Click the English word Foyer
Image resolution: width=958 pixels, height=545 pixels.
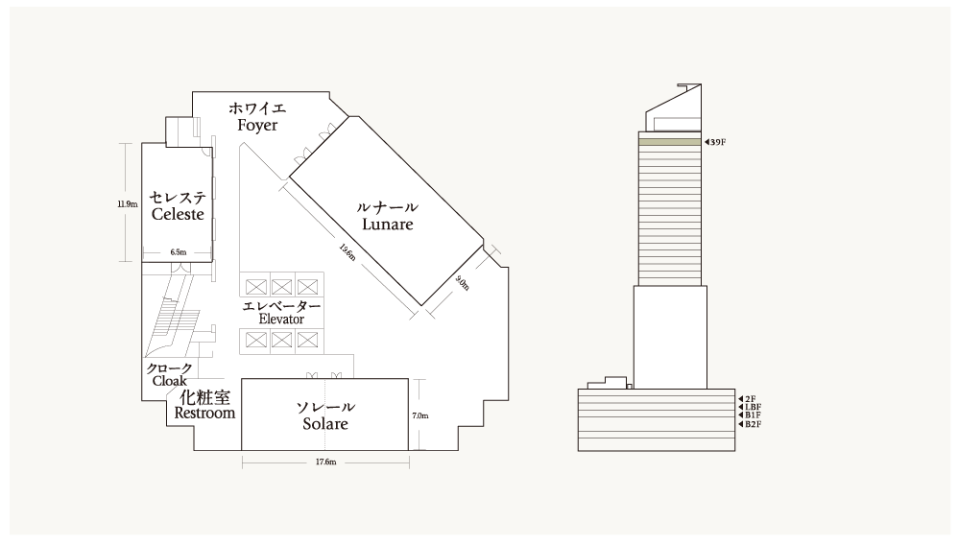tap(257, 126)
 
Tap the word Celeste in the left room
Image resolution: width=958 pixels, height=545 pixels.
tap(178, 215)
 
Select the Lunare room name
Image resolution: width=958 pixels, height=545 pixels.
tap(388, 225)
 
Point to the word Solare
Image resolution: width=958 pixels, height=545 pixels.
tap(325, 423)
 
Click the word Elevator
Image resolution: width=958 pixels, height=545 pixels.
tap(281, 319)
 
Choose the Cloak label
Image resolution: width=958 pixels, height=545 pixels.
tap(169, 381)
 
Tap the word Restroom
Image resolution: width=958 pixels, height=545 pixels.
tap(204, 413)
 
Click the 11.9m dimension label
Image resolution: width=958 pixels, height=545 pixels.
tap(128, 204)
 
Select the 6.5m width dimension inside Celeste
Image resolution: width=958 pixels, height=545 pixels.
tap(179, 251)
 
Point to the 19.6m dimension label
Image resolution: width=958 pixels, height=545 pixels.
tap(347, 251)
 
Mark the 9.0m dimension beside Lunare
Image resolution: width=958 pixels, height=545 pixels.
tap(463, 283)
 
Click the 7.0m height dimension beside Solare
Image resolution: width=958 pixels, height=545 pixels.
tap(420, 415)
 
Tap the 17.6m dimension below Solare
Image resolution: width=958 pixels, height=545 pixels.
tap(325, 462)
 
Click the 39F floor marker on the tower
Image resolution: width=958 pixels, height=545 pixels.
tap(715, 142)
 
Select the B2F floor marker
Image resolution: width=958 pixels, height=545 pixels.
tap(751, 424)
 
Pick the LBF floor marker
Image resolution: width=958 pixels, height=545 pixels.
tap(751, 407)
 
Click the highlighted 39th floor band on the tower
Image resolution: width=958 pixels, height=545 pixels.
tap(670, 142)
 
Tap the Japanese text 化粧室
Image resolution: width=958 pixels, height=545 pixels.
tap(204, 397)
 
